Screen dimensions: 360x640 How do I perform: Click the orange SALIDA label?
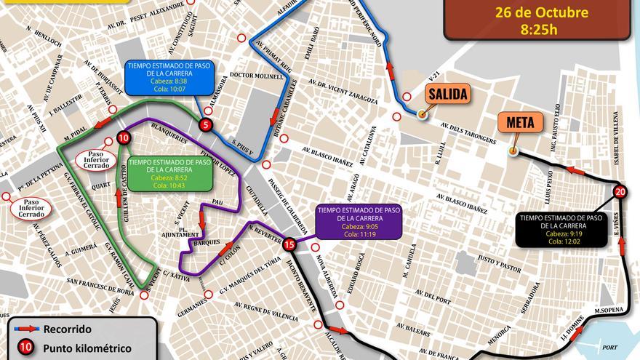(x=447, y=94)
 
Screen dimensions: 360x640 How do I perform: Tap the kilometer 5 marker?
(x=207, y=125)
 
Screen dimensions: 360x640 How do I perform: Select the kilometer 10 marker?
(x=124, y=137)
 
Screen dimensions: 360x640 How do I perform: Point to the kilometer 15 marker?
(x=289, y=244)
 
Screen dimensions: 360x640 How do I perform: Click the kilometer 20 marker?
(x=620, y=192)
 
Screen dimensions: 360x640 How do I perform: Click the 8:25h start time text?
(x=538, y=30)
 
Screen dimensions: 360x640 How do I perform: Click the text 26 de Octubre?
(x=541, y=12)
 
